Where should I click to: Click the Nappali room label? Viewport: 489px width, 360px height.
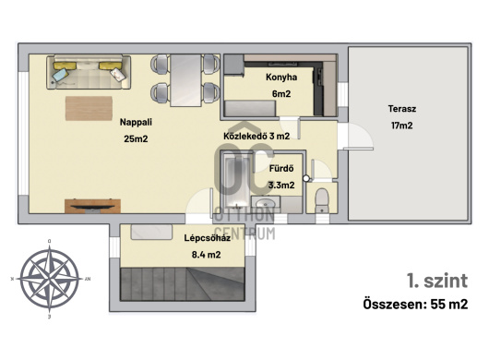click(136, 122)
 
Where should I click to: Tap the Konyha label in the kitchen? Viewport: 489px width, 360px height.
click(281, 78)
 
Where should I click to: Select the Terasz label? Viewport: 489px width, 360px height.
click(402, 109)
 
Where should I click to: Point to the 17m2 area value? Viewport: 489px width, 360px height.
click(402, 126)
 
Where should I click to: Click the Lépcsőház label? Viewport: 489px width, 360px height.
click(207, 238)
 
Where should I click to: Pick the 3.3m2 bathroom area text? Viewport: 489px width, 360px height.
click(281, 186)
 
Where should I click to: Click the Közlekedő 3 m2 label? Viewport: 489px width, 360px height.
click(256, 136)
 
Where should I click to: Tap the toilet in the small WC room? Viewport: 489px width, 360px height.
click(321, 200)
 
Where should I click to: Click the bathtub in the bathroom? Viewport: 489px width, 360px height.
click(237, 182)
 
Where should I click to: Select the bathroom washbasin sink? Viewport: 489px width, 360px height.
click(266, 204)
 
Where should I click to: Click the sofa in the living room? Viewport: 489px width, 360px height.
click(89, 72)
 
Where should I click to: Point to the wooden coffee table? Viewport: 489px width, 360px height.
click(89, 108)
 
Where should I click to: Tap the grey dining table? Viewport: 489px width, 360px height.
click(185, 80)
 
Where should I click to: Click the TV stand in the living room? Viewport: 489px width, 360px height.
click(92, 206)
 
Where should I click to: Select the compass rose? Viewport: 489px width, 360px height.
click(50, 279)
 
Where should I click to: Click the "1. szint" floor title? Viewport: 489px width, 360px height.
click(437, 281)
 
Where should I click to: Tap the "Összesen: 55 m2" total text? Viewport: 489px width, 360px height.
click(415, 305)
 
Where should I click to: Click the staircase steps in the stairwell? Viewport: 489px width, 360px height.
click(183, 284)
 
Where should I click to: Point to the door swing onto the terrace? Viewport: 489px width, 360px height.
click(359, 137)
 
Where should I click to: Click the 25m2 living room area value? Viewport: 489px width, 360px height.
click(136, 138)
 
